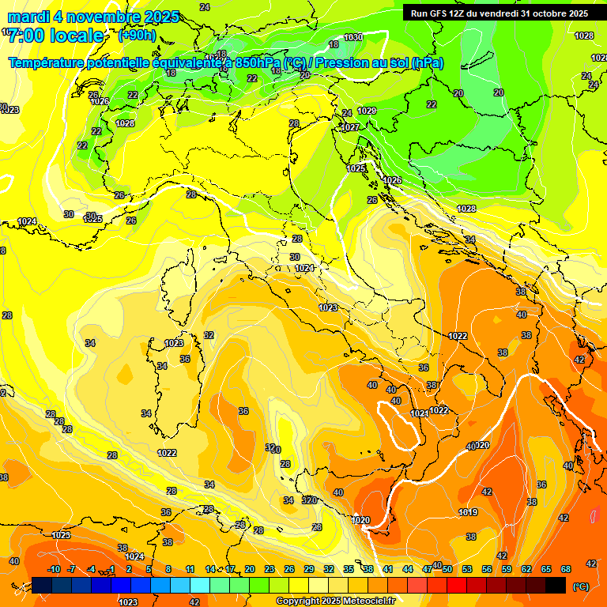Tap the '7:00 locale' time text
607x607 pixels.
pyautogui.click(x=56, y=36)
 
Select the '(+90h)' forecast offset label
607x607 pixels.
pyautogui.click(x=136, y=36)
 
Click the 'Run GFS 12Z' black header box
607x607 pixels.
pyautogui.click(x=499, y=13)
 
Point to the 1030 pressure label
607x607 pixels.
pyautogui.click(x=353, y=38)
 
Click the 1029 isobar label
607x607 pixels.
pyautogui.click(x=367, y=111)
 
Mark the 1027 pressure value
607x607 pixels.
pyautogui.click(x=351, y=127)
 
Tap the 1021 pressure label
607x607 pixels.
pyautogui.click(x=420, y=414)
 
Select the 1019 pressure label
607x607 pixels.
pyautogui.click(x=467, y=513)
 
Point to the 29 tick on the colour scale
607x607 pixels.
pyautogui.click(x=308, y=570)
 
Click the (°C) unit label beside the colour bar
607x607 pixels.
pyautogui.click(x=581, y=586)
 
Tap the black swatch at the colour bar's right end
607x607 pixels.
pyautogui.click(x=556, y=585)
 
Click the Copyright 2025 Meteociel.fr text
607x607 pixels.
pyautogui.click(x=336, y=601)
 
